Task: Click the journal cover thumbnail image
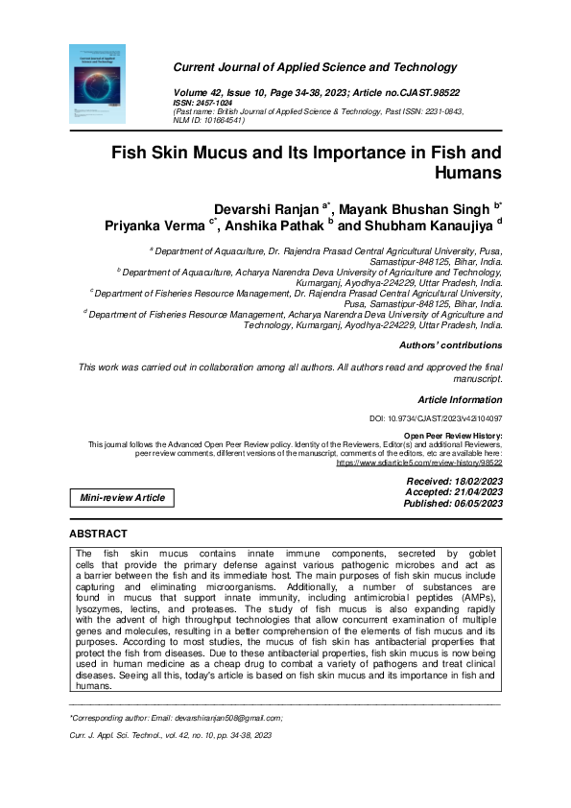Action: coord(84,83)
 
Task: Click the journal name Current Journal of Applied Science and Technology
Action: coord(315,67)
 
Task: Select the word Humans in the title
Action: coord(468,174)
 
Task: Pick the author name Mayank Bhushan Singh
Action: coord(414,209)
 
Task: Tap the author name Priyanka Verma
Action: coord(156,226)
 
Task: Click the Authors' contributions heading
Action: coord(450,345)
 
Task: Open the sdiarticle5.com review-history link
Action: coord(418,463)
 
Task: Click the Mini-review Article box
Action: coord(122,497)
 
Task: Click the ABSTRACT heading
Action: coord(98,533)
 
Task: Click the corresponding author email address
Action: coord(231,717)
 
